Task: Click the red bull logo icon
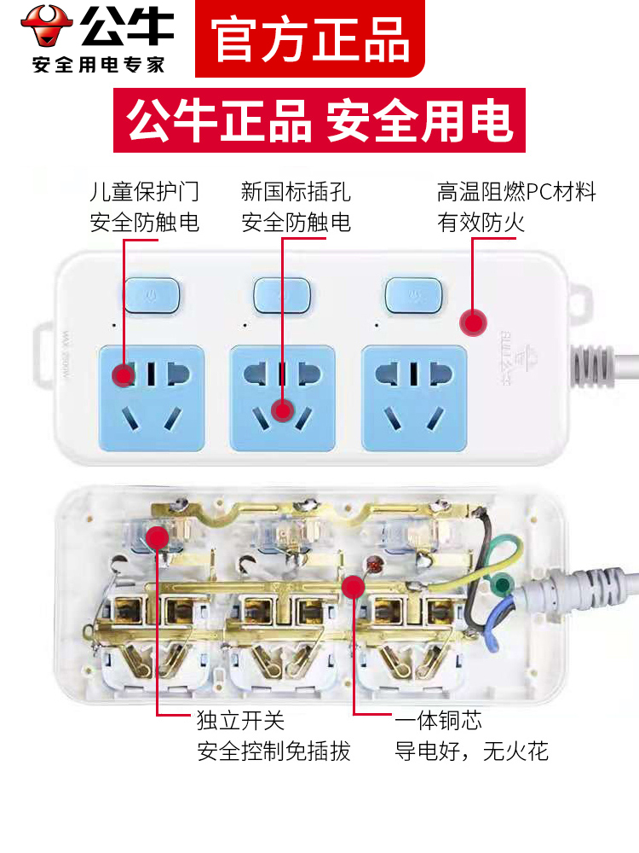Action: click(47, 26)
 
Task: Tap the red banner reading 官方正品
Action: click(311, 38)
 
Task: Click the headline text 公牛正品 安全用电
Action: click(319, 120)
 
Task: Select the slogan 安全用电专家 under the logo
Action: click(98, 65)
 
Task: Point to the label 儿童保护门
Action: click(145, 192)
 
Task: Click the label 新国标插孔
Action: click(296, 192)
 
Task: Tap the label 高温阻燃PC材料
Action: click(516, 192)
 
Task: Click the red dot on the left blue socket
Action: click(124, 373)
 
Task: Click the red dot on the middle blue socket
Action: click(282, 410)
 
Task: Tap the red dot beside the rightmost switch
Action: click(472, 322)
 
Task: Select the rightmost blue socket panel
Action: click(414, 397)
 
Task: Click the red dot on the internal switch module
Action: click(157, 537)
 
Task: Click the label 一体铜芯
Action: click(438, 721)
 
